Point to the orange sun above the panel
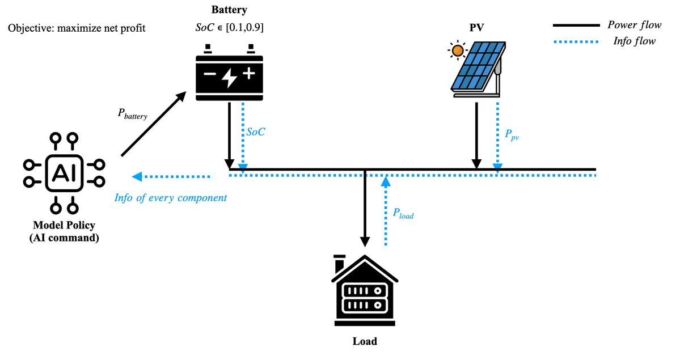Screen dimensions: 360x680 [457, 51]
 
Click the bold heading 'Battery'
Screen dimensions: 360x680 [229, 10]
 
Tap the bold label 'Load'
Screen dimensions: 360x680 [365, 341]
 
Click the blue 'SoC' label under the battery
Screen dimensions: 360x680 [256, 132]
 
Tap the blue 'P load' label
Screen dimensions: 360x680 [403, 213]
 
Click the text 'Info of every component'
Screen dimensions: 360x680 [171, 198]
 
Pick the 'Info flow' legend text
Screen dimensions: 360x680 [635, 41]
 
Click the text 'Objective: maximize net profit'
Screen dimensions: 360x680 [77, 27]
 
